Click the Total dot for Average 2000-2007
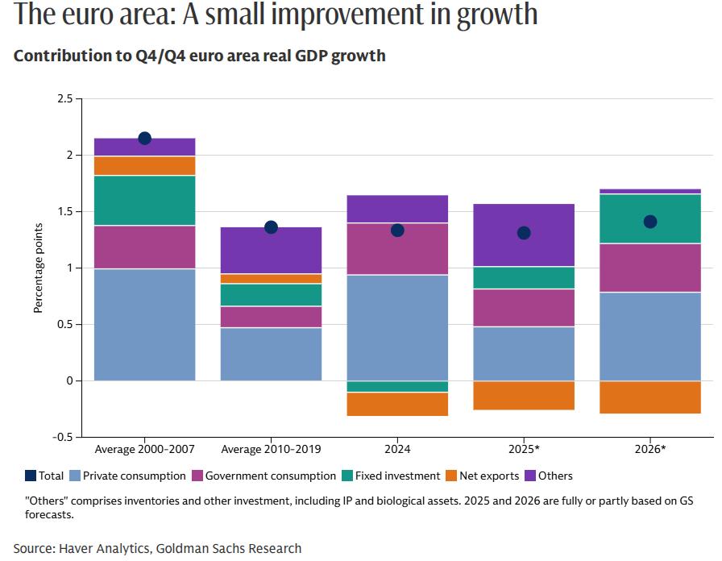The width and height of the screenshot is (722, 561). point(145,139)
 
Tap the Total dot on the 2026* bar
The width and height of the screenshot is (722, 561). point(650,222)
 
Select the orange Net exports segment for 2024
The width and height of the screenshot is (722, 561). point(397,404)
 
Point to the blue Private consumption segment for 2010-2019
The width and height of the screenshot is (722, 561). point(271,354)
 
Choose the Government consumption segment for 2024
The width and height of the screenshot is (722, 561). point(397,249)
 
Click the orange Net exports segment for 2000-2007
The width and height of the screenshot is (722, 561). point(145,166)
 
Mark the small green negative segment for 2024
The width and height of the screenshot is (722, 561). point(397,387)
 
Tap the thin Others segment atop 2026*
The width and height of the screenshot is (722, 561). point(650,191)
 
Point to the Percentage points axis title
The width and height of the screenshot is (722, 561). point(38,268)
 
